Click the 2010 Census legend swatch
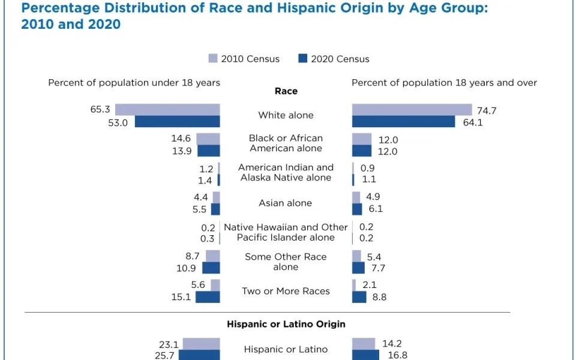click(x=213, y=58)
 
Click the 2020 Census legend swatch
click(x=302, y=58)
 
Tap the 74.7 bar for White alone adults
click(x=412, y=109)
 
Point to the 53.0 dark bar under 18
click(x=177, y=122)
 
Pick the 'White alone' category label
click(x=286, y=115)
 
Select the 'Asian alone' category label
click(x=286, y=203)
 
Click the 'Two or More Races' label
click(x=286, y=291)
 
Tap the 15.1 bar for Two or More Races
click(x=208, y=297)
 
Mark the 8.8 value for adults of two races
click(x=379, y=297)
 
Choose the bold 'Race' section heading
click(x=286, y=91)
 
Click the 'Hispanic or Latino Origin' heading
click(x=286, y=324)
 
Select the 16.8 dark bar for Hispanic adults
click(x=365, y=355)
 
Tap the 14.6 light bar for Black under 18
click(x=208, y=139)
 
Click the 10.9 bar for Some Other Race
click(x=211, y=268)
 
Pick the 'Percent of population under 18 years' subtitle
click(x=134, y=83)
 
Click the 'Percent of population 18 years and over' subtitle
click(x=444, y=83)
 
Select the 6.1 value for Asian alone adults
click(x=376, y=209)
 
